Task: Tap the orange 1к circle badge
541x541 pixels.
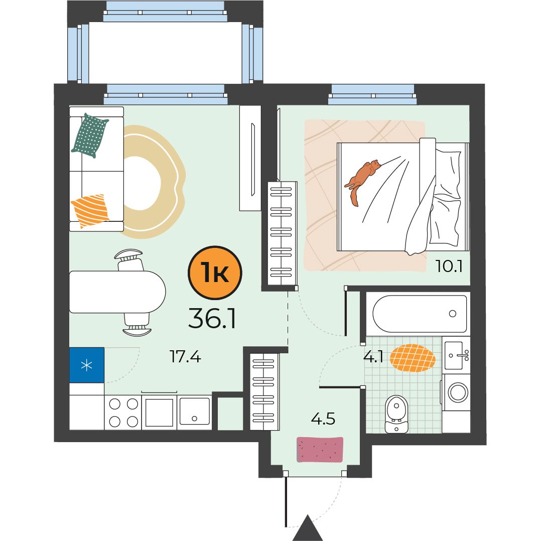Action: pos(215,273)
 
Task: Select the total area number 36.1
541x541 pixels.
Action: pos(212,318)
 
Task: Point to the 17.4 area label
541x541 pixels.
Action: pos(185,356)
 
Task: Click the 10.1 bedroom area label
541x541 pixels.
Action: pos(449,266)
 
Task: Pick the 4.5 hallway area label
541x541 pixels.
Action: pos(323,419)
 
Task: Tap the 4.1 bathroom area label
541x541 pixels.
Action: pos(373,356)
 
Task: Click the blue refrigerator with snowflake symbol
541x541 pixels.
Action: pos(87,365)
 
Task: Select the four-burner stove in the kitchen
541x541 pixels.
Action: pos(123,413)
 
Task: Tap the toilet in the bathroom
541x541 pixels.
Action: pos(396,414)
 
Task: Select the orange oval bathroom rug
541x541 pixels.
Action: pos(413,358)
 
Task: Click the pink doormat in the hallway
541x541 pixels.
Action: pos(320,450)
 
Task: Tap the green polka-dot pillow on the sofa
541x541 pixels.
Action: pos(90,136)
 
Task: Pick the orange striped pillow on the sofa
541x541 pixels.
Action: pos(90,210)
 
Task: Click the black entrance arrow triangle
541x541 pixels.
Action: pos(308,528)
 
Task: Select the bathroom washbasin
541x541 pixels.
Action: pos(456,355)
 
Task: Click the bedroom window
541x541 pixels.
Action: pos(372,94)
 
